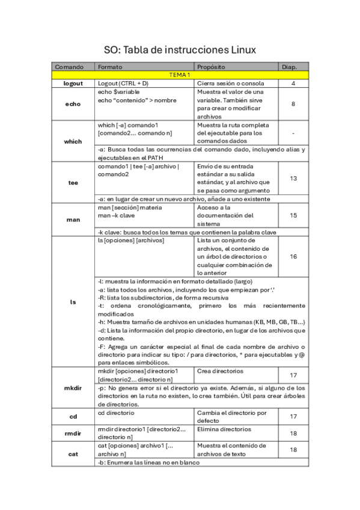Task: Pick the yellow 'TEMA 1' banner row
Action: [x=180, y=75]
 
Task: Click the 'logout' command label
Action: [x=73, y=83]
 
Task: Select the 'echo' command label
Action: [x=73, y=104]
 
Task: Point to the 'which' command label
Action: [x=73, y=141]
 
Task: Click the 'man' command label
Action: [x=73, y=220]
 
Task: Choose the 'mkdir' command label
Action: [x=73, y=389]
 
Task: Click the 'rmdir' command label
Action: [x=73, y=433]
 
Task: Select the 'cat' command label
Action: [x=73, y=454]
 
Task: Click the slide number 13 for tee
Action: [x=293, y=178]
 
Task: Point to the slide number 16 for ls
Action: [x=293, y=256]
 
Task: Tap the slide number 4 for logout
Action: [x=293, y=83]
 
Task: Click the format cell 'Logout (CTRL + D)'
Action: [x=123, y=83]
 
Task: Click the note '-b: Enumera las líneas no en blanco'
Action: [x=148, y=462]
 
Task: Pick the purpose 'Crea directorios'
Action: [x=218, y=371]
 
